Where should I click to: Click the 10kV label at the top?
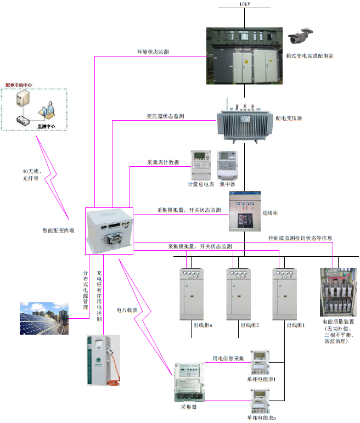pyautogui.click(x=244, y=4)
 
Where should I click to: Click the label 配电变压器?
pyautogui.click(x=288, y=118)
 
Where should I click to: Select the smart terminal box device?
pyautogui.click(x=110, y=231)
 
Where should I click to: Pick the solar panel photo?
pyautogui.click(x=43, y=318)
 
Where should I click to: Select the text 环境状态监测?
pyautogui.click(x=153, y=52)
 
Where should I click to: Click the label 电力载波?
pyautogui.click(x=127, y=310)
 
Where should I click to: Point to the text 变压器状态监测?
pyautogui.click(x=165, y=116)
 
